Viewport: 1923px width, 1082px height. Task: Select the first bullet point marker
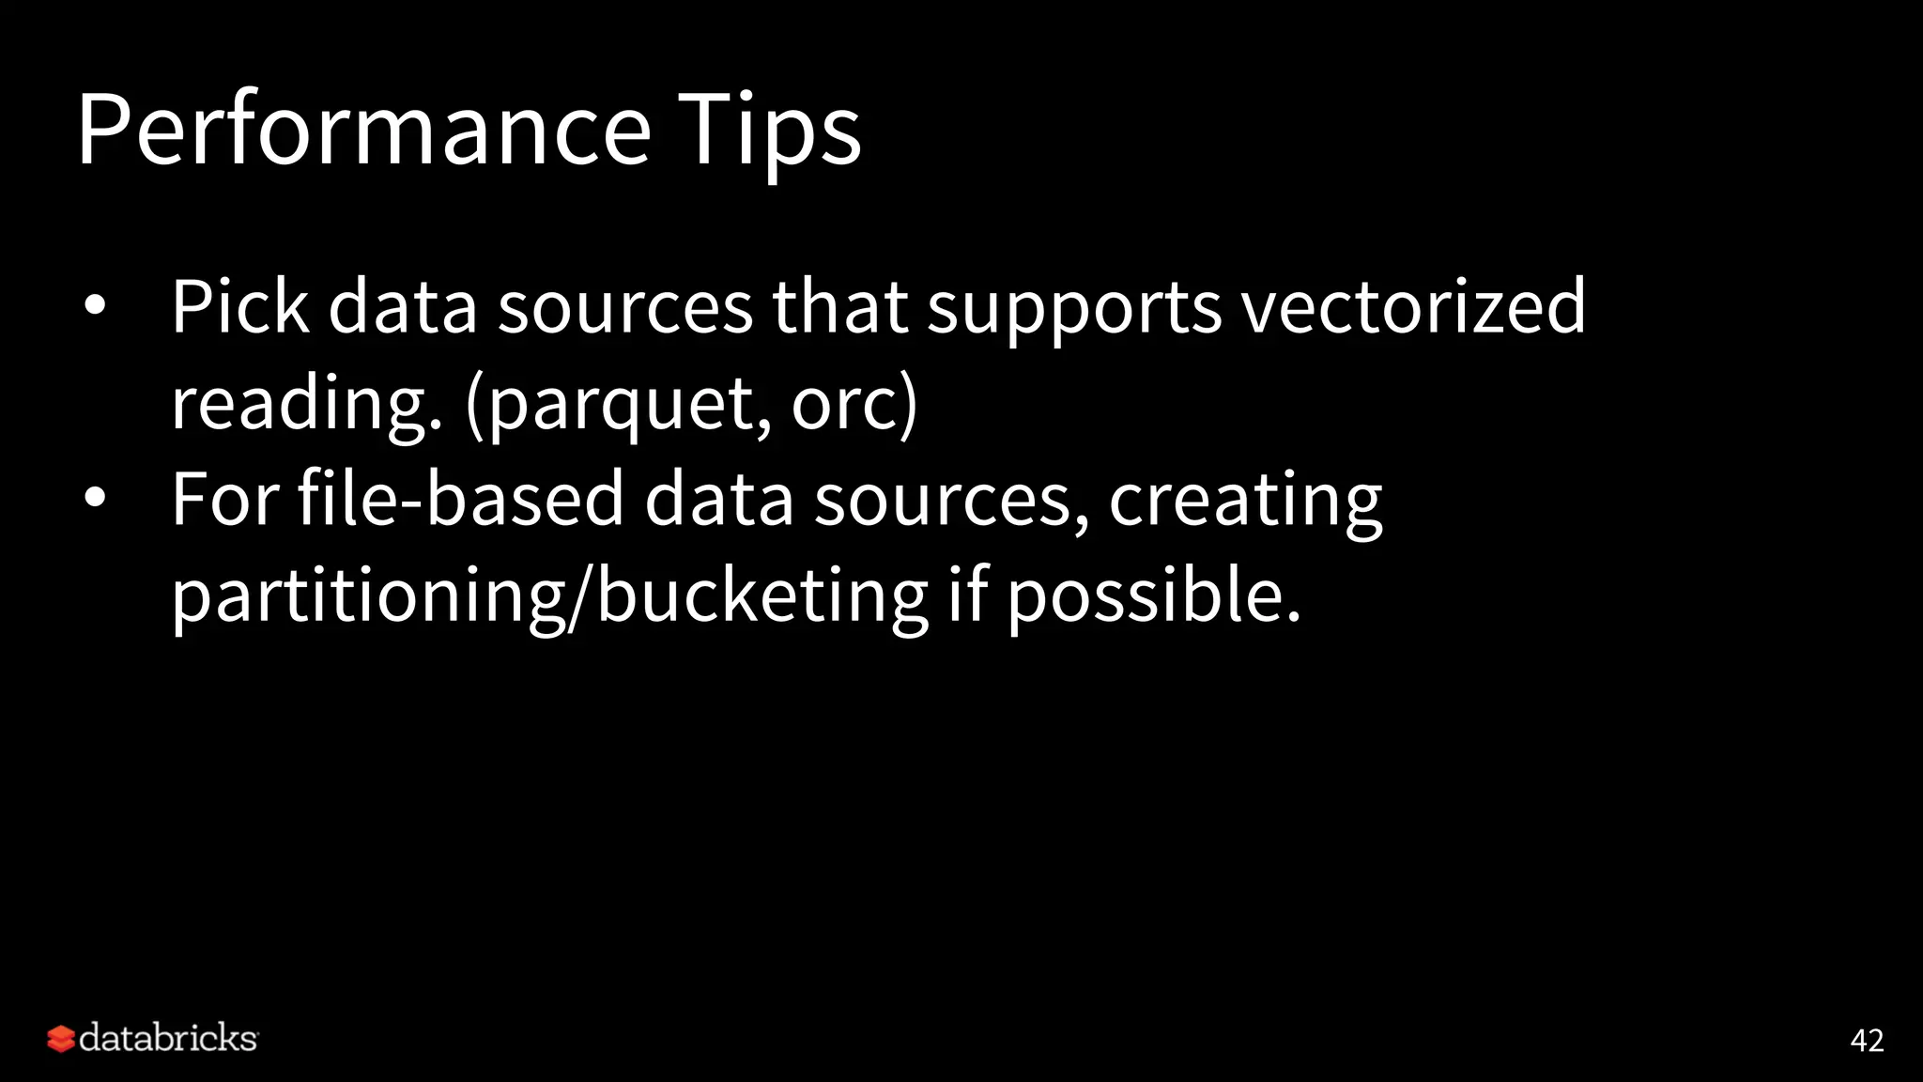coord(94,306)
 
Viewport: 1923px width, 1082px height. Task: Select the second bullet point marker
coord(94,498)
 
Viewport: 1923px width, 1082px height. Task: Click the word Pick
coord(239,306)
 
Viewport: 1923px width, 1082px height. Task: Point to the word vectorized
coord(1413,306)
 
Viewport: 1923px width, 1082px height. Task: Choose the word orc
coord(843,406)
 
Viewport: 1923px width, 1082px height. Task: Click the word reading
coord(305,406)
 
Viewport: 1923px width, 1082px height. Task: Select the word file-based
coord(460,498)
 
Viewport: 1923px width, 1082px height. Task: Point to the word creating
coord(1245,500)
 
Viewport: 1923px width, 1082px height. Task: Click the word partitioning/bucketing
coord(549,597)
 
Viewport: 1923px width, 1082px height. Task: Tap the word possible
coord(1153,597)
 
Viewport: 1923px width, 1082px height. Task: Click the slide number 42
coord(1867,1041)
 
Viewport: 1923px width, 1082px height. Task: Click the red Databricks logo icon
coord(61,1039)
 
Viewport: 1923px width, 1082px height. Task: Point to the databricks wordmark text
coord(168,1039)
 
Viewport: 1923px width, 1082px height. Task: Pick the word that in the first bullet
coord(839,306)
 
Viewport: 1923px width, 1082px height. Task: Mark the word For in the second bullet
coord(225,498)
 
